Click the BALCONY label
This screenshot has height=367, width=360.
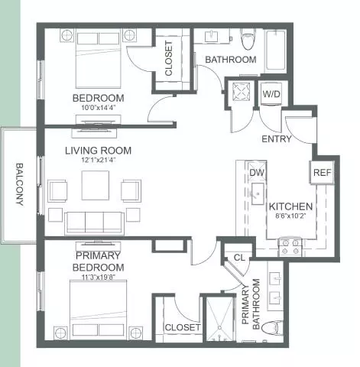pyautogui.click(x=20, y=184)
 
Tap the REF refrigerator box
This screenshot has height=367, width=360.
pyautogui.click(x=322, y=173)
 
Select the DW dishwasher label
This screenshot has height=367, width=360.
pyautogui.click(x=257, y=173)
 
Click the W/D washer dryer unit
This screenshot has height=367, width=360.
pyautogui.click(x=271, y=93)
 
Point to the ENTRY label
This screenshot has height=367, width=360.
pyautogui.click(x=277, y=139)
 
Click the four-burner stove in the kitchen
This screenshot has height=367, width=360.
pyautogui.click(x=290, y=247)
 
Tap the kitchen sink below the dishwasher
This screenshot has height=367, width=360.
pyautogui.click(x=258, y=193)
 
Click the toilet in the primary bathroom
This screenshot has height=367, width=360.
pyautogui.click(x=273, y=328)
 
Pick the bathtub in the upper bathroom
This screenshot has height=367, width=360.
pyautogui.click(x=275, y=50)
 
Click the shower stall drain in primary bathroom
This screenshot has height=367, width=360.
pyautogui.click(x=219, y=327)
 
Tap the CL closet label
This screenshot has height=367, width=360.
pyautogui.click(x=239, y=258)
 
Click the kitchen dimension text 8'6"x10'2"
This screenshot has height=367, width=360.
pyautogui.click(x=290, y=216)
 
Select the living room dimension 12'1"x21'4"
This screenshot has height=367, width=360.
pyautogui.click(x=99, y=160)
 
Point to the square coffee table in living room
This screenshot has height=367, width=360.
pyautogui.click(x=96, y=185)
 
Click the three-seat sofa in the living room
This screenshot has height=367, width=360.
pyautogui.click(x=94, y=223)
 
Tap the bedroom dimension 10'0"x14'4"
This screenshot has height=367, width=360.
pyautogui.click(x=99, y=108)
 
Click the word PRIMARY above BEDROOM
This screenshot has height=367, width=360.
pyautogui.click(x=98, y=255)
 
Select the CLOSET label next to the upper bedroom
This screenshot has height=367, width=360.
pyautogui.click(x=169, y=59)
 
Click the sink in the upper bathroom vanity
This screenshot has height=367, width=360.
pyautogui.click(x=212, y=36)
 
